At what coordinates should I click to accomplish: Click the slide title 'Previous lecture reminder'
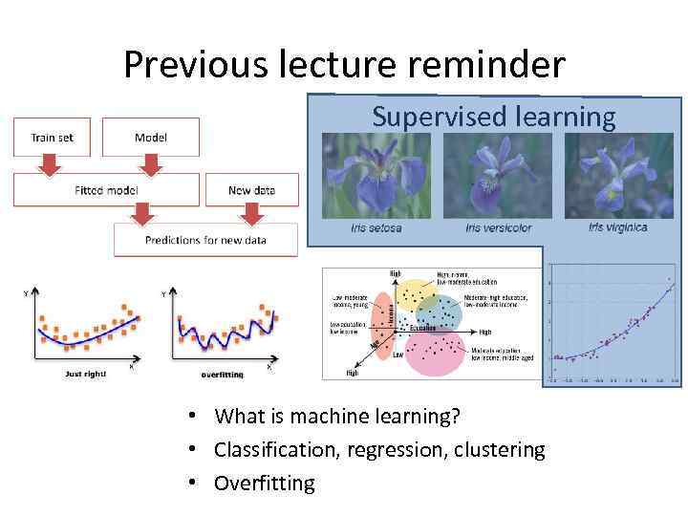344,65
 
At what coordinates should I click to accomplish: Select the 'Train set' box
52,138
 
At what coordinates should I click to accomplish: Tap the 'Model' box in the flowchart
151,138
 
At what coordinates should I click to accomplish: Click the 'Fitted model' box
106,190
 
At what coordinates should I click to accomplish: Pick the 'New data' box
251,190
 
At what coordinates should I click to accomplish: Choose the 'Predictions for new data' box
205,240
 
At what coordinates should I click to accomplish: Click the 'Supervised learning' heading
493,117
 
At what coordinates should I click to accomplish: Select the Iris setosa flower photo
376,176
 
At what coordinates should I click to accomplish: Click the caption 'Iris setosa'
376,228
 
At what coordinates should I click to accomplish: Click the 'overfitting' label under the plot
223,373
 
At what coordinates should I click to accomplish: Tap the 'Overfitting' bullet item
264,483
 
